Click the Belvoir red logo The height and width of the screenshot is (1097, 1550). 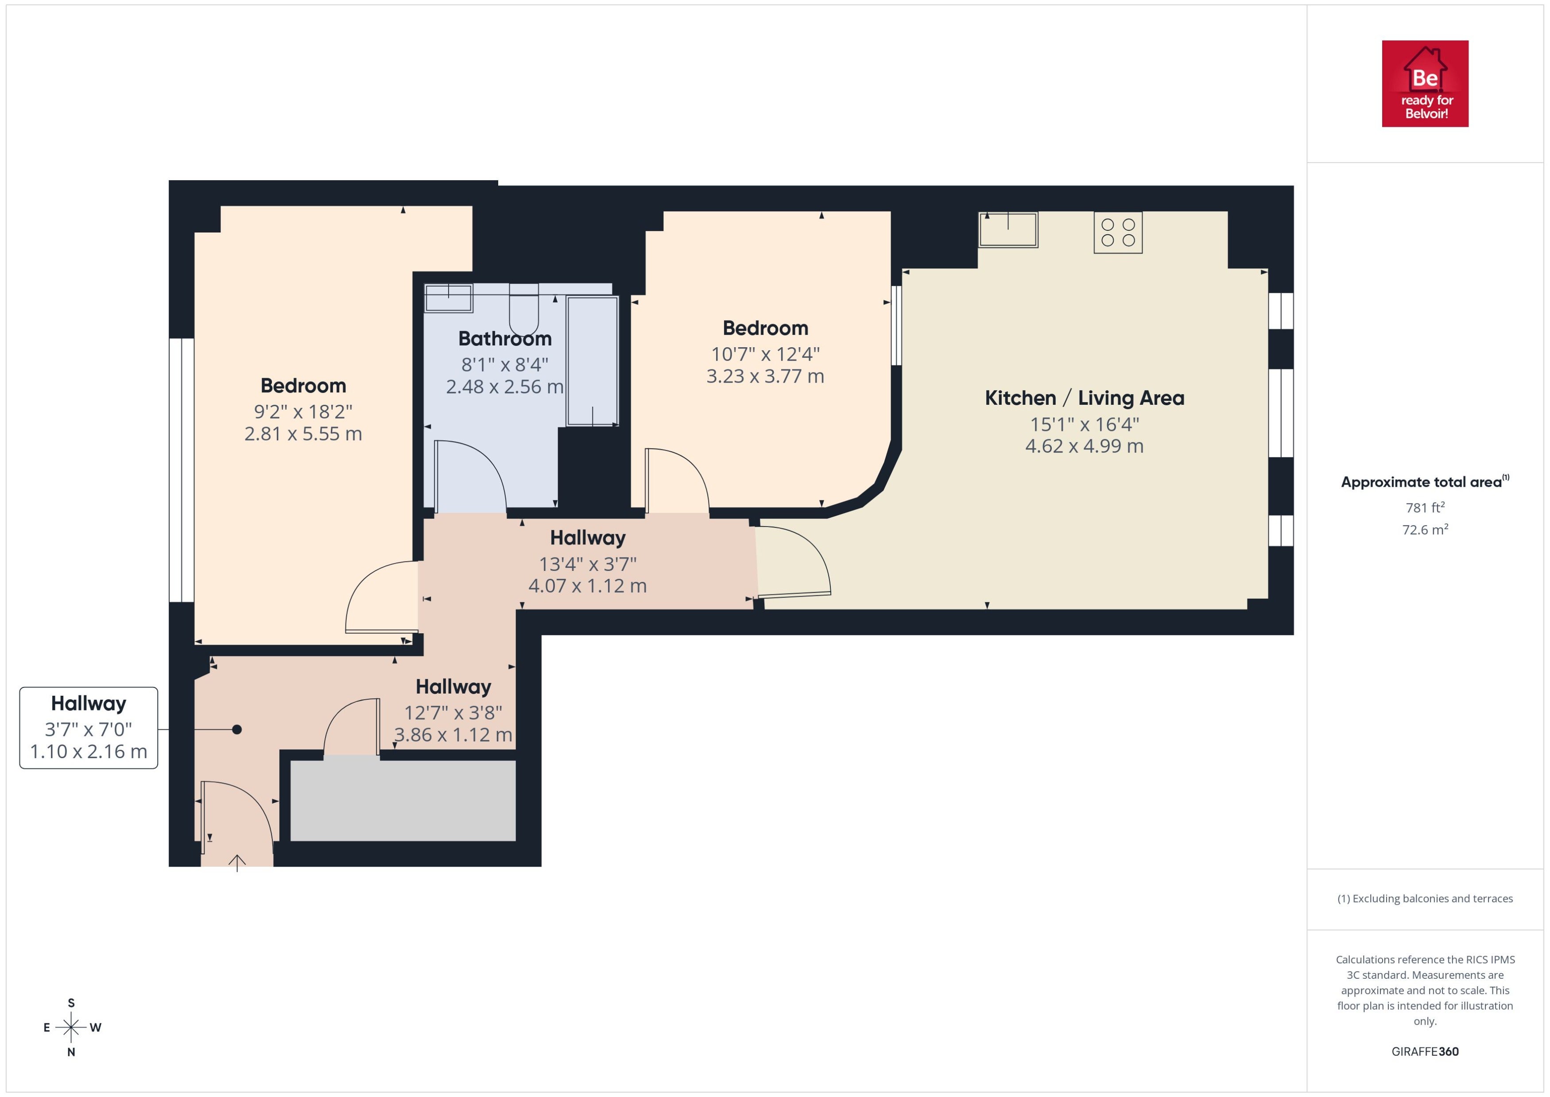[x=1425, y=84]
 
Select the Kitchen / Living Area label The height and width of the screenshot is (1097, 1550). [x=1084, y=398]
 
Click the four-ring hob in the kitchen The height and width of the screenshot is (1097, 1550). [x=1118, y=233]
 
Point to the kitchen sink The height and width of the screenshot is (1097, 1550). [x=1008, y=230]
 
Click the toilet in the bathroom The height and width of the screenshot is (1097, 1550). [x=523, y=310]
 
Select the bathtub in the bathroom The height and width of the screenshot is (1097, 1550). [x=592, y=361]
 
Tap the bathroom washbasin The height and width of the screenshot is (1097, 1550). [x=449, y=298]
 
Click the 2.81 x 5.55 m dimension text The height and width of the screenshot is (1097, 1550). [x=303, y=434]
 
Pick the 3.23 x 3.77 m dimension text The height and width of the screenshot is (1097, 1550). [x=765, y=376]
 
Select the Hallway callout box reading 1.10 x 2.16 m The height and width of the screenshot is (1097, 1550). [x=89, y=728]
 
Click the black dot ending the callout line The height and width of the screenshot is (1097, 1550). [x=237, y=729]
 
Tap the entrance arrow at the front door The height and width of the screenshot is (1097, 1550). [x=237, y=863]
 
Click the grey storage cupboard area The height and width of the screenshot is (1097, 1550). [x=403, y=800]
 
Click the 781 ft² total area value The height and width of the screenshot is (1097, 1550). [x=1425, y=507]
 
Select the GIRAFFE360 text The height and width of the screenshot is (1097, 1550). [x=1425, y=1052]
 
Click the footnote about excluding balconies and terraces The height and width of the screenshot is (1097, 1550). [x=1425, y=899]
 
